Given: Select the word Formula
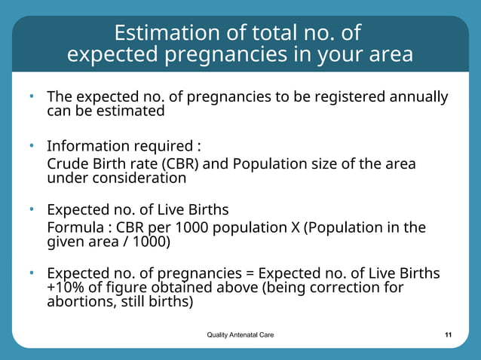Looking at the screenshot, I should (x=75, y=227).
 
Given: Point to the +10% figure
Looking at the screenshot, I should (x=66, y=288).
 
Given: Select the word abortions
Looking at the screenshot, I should (x=75, y=302).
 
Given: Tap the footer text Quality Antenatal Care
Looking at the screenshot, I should (x=240, y=334).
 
